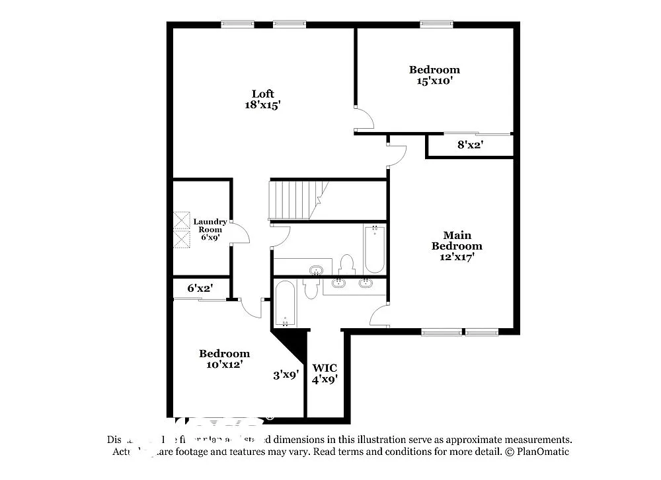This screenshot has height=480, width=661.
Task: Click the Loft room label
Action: (x=262, y=94)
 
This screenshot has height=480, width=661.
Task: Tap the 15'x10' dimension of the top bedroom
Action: (x=434, y=81)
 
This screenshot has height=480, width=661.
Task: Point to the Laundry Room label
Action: (x=210, y=225)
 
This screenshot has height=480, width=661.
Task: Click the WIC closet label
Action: (x=325, y=368)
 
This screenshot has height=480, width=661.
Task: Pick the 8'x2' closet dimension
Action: (x=470, y=145)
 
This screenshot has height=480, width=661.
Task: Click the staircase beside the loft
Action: (x=290, y=199)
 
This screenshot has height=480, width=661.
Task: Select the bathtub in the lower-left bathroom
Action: (x=286, y=304)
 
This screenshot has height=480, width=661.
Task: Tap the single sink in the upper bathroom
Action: (x=317, y=270)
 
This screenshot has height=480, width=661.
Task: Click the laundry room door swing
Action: (x=239, y=233)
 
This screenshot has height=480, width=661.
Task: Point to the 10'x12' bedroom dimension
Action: (x=224, y=364)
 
